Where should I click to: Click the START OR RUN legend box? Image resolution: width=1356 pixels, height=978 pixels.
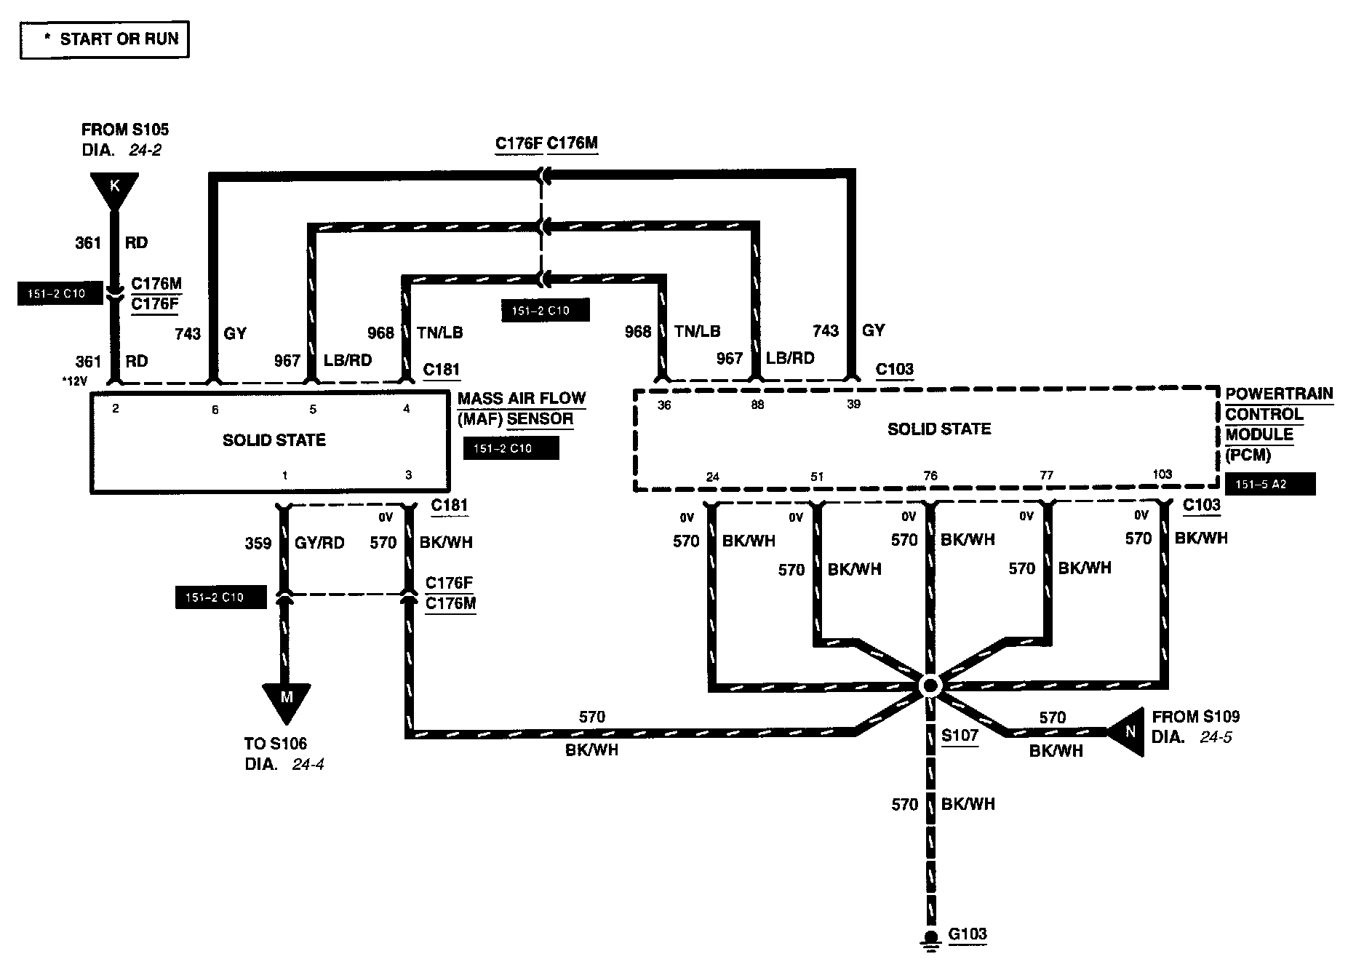pyautogui.click(x=105, y=40)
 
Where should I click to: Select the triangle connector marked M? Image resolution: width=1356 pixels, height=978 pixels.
pyautogui.click(x=286, y=701)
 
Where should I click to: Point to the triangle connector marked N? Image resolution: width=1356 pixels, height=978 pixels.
pyautogui.click(x=1128, y=731)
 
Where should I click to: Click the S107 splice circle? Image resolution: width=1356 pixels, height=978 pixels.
pyautogui.click(x=930, y=685)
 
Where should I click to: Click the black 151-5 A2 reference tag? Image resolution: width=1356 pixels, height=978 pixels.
pyautogui.click(x=1270, y=484)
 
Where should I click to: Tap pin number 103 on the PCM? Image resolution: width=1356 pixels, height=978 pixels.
pyautogui.click(x=1162, y=474)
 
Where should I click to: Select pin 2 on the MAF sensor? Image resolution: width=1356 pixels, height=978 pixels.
pyautogui.click(x=116, y=409)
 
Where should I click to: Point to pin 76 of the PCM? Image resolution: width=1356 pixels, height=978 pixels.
pyautogui.click(x=930, y=476)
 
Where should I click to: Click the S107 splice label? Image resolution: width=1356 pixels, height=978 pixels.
pyautogui.click(x=960, y=735)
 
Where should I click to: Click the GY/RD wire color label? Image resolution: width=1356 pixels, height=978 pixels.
pyautogui.click(x=319, y=543)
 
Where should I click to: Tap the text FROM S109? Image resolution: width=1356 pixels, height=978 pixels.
pyautogui.click(x=1195, y=717)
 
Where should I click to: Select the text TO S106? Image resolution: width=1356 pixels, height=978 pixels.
pyautogui.click(x=276, y=744)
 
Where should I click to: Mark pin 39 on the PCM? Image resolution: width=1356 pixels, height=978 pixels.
pyautogui.click(x=853, y=405)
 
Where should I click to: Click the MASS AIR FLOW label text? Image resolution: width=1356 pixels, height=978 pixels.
pyautogui.click(x=522, y=399)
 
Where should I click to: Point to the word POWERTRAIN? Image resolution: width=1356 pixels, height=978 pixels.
pyautogui.click(x=1279, y=394)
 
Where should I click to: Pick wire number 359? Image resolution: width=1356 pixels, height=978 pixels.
pyautogui.click(x=258, y=543)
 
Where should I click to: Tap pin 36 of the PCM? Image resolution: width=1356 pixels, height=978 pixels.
pyautogui.click(x=664, y=405)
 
